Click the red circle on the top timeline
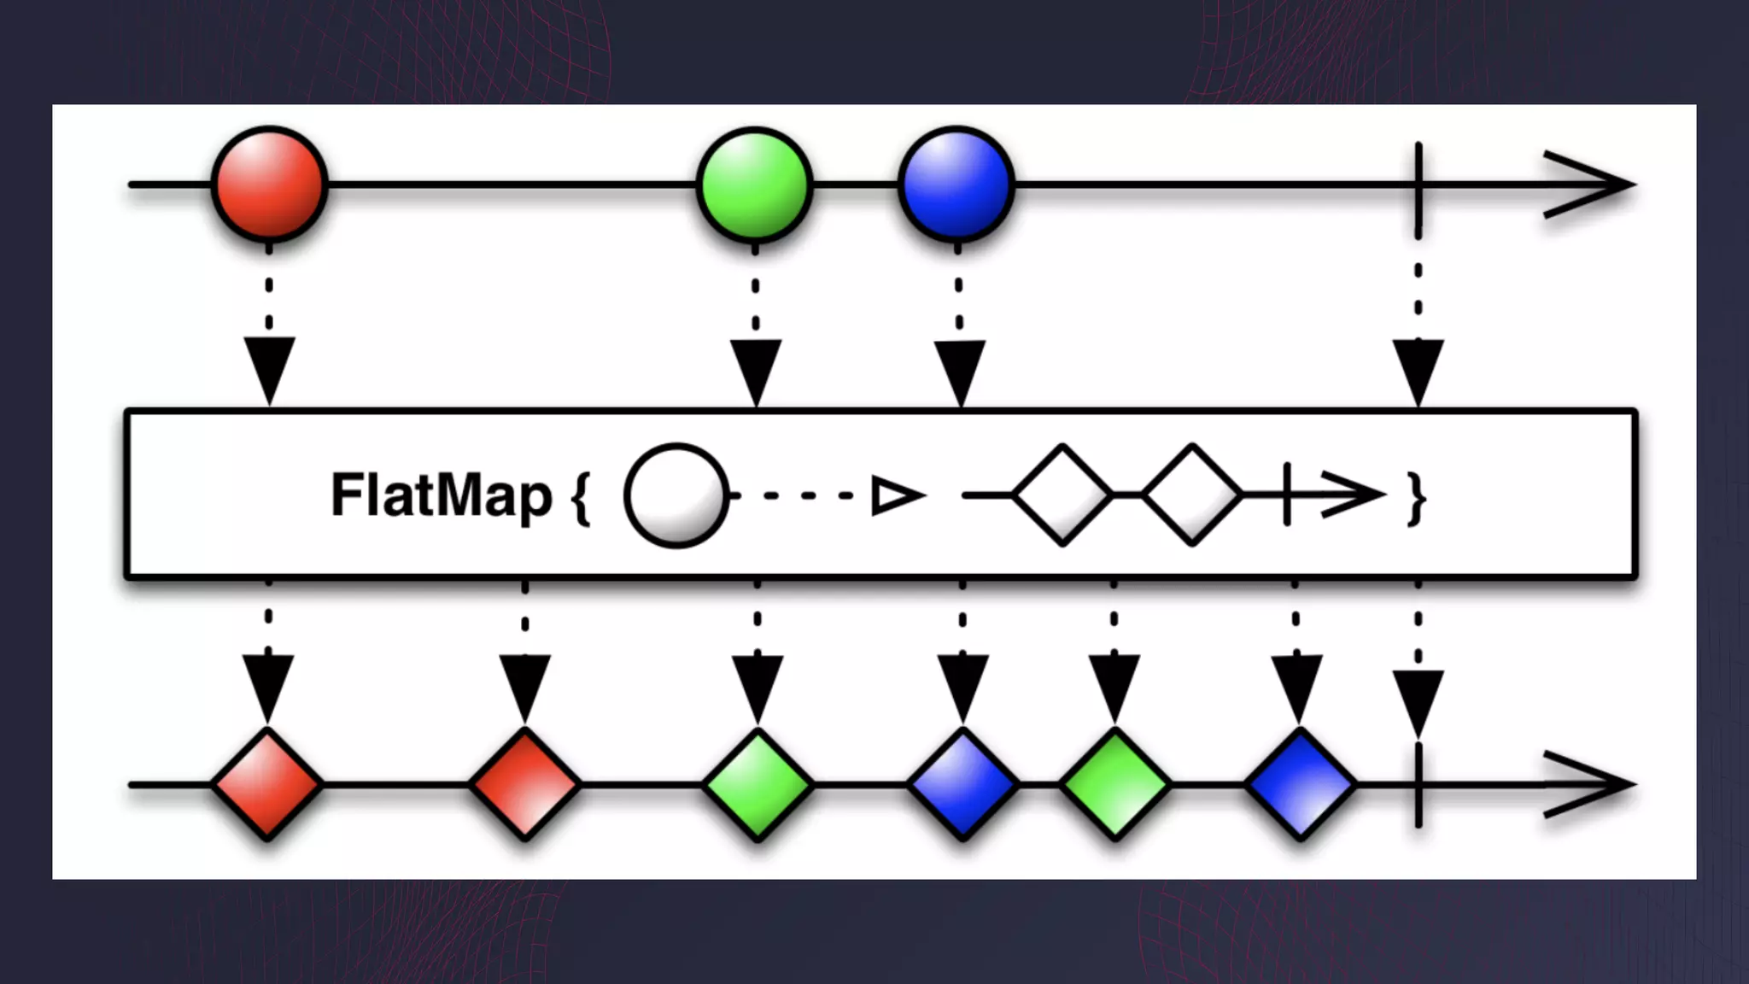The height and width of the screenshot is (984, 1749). [269, 184]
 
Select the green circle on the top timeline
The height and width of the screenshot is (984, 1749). [755, 184]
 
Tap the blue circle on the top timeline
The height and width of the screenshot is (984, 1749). [956, 184]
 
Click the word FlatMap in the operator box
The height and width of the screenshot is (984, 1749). [441, 495]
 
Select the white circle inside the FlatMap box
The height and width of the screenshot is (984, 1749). [676, 495]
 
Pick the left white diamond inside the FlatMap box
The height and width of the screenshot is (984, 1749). [1062, 495]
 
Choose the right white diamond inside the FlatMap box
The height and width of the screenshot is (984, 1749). [1192, 495]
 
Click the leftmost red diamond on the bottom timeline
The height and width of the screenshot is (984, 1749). [267, 784]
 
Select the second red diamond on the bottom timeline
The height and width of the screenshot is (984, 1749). [524, 784]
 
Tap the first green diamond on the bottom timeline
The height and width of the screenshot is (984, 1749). [758, 784]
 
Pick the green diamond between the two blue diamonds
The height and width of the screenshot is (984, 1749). [1114, 784]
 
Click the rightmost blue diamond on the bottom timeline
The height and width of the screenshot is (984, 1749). [1299, 784]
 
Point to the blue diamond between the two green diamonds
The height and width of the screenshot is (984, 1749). [962, 784]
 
